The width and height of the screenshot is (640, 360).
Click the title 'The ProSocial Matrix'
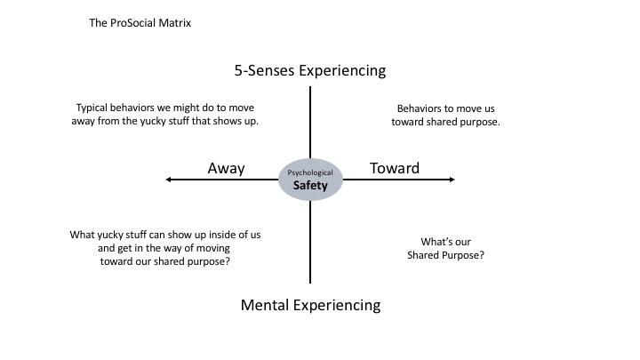pyautogui.click(x=140, y=23)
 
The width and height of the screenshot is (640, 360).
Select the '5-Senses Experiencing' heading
pyautogui.click(x=310, y=70)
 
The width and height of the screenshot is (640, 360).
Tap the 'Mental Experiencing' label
pyautogui.click(x=310, y=305)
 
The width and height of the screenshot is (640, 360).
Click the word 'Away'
pyautogui.click(x=226, y=168)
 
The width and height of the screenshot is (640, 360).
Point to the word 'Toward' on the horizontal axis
pyautogui.click(x=395, y=168)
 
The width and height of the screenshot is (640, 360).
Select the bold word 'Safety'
pyautogui.click(x=310, y=186)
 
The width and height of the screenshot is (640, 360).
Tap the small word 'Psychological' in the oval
pyautogui.click(x=310, y=172)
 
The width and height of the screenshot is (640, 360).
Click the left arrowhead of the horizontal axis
pyautogui.click(x=170, y=180)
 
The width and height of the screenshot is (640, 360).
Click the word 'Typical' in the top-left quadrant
pyautogui.click(x=93, y=108)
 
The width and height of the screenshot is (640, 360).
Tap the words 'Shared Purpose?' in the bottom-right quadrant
pyautogui.click(x=445, y=255)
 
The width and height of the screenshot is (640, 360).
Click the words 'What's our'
pyautogui.click(x=445, y=241)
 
